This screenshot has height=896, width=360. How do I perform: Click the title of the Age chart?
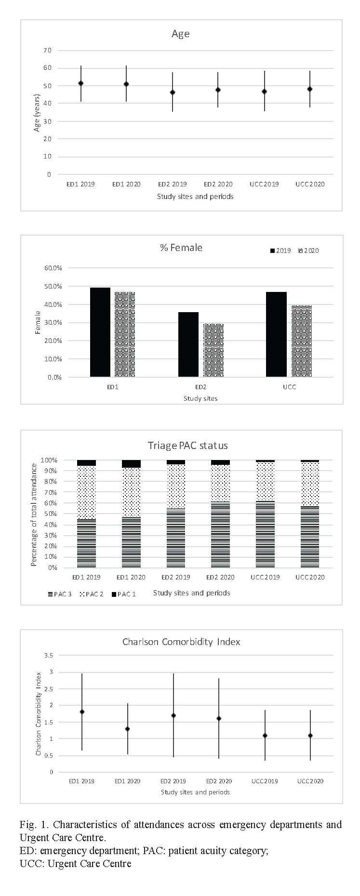181,34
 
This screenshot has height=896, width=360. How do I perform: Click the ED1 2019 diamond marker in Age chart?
81,83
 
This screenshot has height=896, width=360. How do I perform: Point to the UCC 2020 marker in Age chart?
310,89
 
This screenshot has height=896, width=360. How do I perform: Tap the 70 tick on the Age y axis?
47,50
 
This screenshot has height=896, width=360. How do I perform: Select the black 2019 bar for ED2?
188,344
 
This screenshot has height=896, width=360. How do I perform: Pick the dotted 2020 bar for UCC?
302,341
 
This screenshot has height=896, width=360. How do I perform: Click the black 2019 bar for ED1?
100,332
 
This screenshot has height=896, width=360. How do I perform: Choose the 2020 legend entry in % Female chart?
309,250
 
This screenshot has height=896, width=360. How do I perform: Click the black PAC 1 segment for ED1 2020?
131,464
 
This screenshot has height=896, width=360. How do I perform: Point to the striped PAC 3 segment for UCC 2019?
265,534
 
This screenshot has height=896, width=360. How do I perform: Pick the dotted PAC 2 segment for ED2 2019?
176,486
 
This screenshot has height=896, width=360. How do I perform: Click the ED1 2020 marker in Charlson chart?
128,729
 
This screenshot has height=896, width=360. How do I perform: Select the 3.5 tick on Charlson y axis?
48,656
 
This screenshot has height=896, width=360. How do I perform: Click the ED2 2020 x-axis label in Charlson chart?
219,781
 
